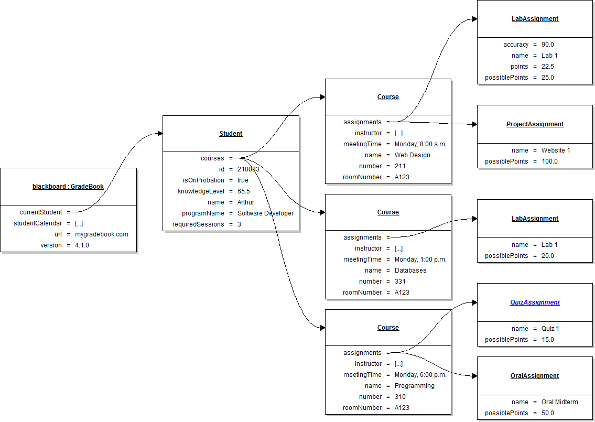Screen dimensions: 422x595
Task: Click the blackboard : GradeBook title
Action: pos(68,186)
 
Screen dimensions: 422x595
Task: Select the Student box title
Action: pos(231,134)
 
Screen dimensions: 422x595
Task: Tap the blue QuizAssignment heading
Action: pos(535,302)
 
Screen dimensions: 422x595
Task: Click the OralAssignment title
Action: pos(535,376)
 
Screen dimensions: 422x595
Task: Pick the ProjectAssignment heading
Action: pos(535,124)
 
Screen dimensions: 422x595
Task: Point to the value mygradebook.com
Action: pos(101,234)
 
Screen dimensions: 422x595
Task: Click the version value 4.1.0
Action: pos(82,245)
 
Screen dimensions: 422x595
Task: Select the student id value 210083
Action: pos(248,169)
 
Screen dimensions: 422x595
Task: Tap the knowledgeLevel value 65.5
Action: pos(243,191)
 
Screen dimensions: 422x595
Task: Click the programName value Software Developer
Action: pos(265,213)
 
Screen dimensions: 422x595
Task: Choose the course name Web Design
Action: pos(412,155)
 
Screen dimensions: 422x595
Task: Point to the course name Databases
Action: pos(410,270)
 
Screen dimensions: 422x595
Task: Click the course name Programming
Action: pos(414,386)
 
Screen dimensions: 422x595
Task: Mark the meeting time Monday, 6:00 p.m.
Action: pos(420,375)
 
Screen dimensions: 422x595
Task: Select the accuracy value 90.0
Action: pos(548,45)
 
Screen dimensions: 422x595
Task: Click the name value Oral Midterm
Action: pos(559,402)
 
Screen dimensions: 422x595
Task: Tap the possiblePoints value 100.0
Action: pos(549,161)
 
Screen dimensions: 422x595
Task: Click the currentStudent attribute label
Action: pos(41,212)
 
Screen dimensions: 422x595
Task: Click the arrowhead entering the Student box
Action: pos(160,134)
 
